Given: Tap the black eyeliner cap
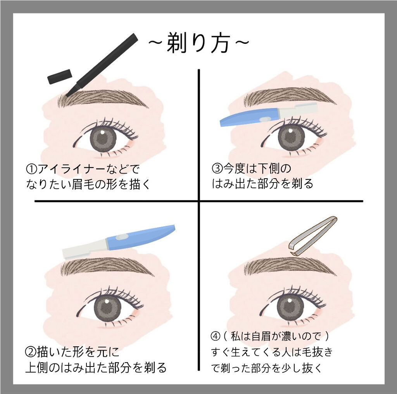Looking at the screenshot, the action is click(x=60, y=76).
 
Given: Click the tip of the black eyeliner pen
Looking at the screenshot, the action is click(x=67, y=96).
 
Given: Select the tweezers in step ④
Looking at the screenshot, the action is click(x=312, y=236).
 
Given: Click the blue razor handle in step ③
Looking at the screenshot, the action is click(x=249, y=117).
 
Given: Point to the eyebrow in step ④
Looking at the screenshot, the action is click(x=290, y=268).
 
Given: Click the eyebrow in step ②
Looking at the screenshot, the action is click(x=107, y=268).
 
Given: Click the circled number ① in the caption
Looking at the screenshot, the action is click(x=31, y=169).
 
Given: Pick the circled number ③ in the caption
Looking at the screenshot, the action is click(x=217, y=169).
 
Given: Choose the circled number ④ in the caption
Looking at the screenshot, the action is click(x=216, y=336).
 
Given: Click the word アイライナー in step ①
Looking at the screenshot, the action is click(x=71, y=169).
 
